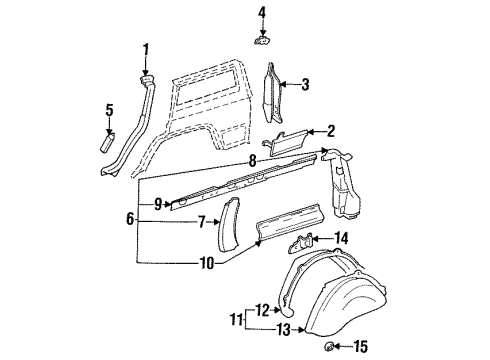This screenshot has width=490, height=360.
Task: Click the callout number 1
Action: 146,49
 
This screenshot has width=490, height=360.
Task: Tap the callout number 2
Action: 331,131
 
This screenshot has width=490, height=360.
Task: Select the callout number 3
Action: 307,84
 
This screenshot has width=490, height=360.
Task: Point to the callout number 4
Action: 262,13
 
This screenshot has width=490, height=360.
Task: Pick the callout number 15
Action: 361,346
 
